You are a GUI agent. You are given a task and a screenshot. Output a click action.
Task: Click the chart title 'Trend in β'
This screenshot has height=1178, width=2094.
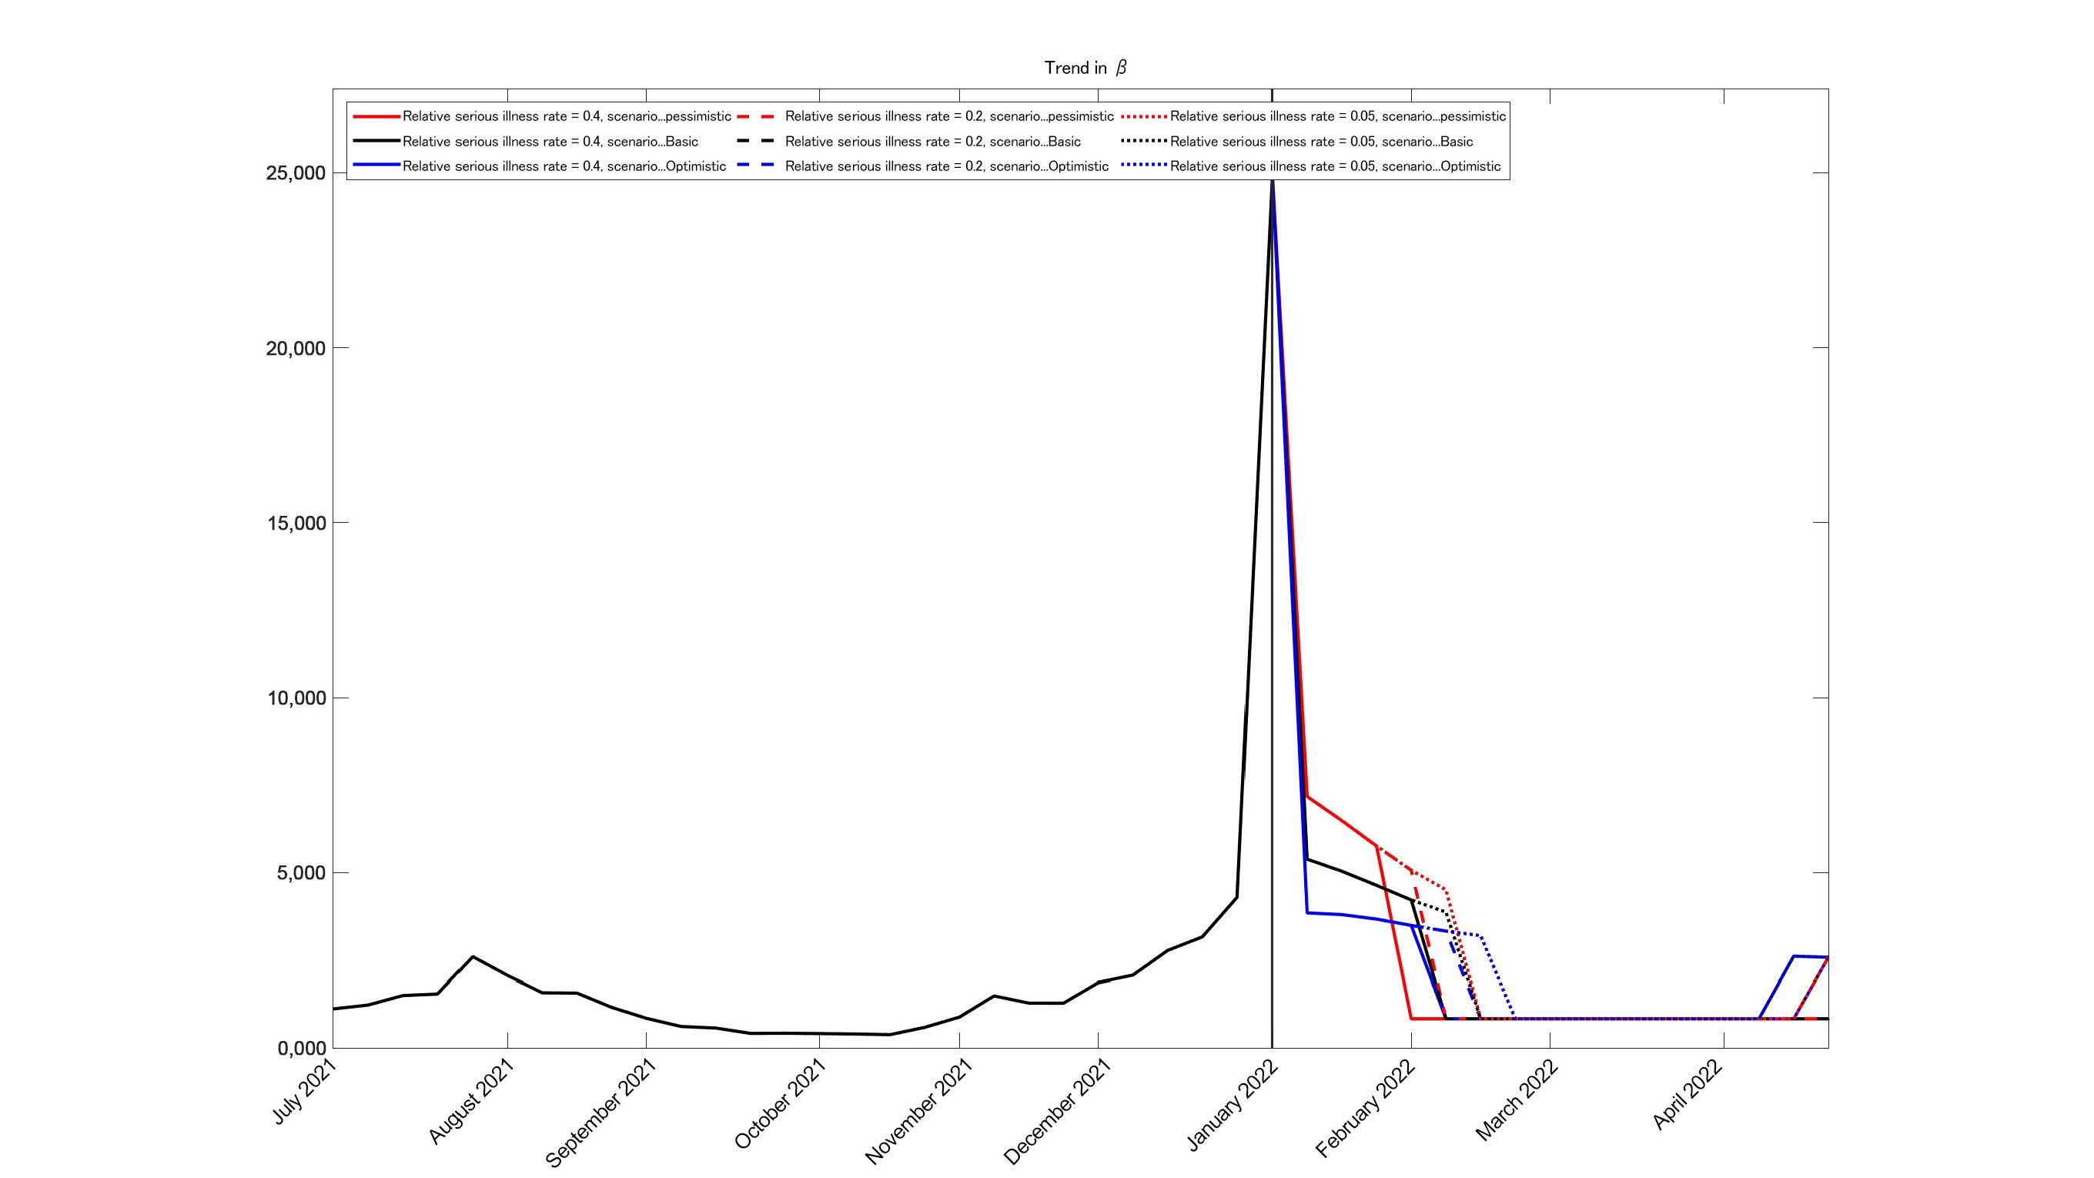point(1085,68)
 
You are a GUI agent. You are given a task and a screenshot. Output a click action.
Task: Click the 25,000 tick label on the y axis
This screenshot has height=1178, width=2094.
point(295,173)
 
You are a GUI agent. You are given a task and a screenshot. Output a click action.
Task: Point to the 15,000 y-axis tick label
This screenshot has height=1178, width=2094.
point(295,523)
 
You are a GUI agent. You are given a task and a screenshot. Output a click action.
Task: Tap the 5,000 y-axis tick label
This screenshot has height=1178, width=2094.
point(300,873)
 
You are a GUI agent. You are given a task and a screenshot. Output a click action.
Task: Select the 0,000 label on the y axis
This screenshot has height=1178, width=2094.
point(301,1049)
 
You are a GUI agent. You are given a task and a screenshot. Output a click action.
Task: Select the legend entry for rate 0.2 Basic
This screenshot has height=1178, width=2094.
point(932,142)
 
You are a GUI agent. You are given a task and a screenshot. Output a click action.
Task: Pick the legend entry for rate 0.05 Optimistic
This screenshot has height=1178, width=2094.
point(1335,166)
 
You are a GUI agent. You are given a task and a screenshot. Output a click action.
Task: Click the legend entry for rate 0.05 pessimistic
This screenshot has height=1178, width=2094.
point(1337,116)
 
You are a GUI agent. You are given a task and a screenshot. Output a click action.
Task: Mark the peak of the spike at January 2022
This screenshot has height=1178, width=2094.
point(1272,177)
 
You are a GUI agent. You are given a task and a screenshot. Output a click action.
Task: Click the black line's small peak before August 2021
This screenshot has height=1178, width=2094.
point(473,957)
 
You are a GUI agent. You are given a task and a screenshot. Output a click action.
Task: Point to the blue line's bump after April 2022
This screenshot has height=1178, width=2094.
point(1794,956)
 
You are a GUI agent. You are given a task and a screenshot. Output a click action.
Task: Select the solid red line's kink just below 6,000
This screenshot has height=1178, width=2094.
point(1377,846)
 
